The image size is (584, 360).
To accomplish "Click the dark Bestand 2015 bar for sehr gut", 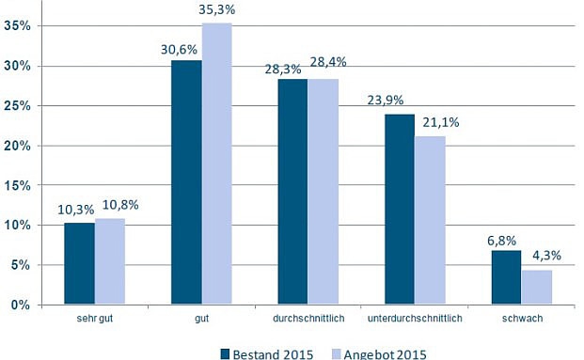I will click(x=79, y=264).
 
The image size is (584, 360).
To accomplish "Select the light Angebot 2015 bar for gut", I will click(x=217, y=164).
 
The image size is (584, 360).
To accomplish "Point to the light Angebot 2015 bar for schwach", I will click(x=537, y=288).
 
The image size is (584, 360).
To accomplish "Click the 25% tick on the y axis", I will click(x=20, y=106).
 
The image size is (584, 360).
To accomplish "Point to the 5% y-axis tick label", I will click(x=23, y=265).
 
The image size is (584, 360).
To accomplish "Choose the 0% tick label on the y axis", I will click(x=23, y=305).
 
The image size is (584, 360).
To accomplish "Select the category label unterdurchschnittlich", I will click(x=414, y=321).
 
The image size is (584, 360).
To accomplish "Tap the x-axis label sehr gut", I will click(x=95, y=321).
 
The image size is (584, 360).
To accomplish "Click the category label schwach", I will click(x=522, y=321).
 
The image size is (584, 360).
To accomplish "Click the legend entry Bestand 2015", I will click(x=267, y=353).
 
